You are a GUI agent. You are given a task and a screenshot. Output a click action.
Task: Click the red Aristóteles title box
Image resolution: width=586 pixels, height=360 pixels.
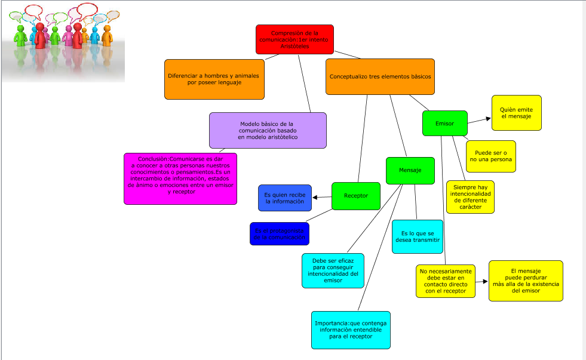click(294, 39)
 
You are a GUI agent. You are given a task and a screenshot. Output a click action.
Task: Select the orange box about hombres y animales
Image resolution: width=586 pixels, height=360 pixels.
click(214, 79)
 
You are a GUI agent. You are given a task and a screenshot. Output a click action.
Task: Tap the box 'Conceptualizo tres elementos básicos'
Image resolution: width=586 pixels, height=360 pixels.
click(380, 76)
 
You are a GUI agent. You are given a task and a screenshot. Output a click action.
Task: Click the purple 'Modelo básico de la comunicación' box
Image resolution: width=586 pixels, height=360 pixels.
click(268, 130)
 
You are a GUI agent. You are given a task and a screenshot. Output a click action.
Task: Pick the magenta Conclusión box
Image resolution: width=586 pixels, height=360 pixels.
click(180, 179)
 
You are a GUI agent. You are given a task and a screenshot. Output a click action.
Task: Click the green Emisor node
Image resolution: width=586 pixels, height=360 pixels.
click(444, 123)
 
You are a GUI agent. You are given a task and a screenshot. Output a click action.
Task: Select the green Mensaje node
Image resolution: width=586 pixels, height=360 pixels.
click(409, 170)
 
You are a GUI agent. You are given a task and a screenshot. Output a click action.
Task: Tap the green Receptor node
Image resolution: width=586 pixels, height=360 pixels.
click(356, 196)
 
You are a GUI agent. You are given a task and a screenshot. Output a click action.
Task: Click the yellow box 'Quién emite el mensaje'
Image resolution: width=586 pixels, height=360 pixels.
click(517, 113)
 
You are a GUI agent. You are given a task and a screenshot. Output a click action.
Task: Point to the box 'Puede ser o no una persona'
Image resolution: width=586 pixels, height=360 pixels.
click(490, 156)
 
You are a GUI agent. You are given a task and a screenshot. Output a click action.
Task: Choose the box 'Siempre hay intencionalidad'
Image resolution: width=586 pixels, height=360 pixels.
click(470, 197)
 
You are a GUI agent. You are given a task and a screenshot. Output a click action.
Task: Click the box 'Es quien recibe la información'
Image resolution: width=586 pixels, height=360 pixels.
click(285, 198)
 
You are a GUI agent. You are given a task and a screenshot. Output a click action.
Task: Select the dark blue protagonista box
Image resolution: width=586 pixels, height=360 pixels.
click(279, 233)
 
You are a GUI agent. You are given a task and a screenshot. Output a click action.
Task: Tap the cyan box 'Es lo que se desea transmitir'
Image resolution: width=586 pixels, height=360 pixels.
click(417, 236)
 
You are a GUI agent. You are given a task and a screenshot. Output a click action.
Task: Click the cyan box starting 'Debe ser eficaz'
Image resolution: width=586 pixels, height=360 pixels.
click(333, 270)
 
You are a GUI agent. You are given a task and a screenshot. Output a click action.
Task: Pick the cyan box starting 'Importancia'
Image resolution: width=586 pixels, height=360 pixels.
click(351, 330)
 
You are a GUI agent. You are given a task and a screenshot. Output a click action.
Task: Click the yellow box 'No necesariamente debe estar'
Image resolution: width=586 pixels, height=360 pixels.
click(446, 281)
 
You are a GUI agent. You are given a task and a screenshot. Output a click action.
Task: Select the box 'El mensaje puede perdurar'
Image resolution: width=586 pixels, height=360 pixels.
click(526, 281)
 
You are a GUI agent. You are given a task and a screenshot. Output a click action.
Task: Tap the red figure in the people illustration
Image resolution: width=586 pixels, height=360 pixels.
click(40, 36)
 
